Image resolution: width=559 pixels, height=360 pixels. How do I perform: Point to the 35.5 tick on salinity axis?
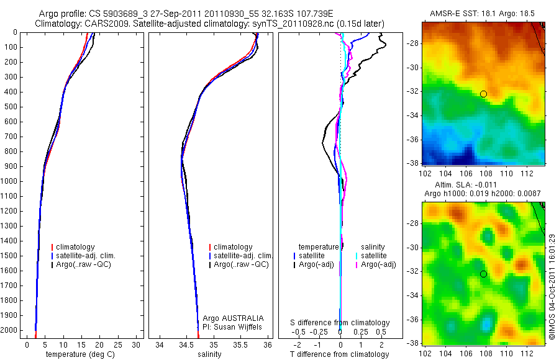240,344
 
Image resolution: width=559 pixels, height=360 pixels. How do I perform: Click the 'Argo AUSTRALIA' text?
238,318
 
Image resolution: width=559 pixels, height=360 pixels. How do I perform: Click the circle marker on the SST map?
483,94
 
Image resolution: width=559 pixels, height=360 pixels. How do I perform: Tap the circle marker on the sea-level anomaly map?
483,274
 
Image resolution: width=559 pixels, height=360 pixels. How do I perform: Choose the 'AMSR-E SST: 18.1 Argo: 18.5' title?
483,14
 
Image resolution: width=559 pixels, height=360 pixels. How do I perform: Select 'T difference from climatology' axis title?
340,354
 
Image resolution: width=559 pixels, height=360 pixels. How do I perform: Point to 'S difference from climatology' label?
340,323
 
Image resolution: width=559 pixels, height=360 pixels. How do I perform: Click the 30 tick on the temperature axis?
137,344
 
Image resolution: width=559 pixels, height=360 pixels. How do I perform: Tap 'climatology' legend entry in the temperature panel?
75,247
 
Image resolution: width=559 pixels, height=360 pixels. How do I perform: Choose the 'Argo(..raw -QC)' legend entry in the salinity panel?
241,264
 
